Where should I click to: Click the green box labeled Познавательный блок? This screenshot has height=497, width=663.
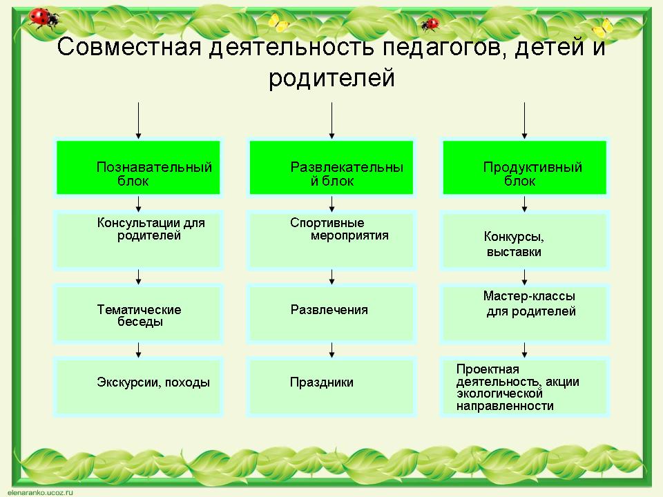(138, 168)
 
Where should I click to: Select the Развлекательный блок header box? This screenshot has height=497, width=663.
(331, 168)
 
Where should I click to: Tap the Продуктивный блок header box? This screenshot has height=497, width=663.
(525, 168)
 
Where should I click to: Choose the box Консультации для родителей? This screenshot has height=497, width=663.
(138, 240)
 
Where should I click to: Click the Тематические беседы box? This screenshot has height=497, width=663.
(138, 314)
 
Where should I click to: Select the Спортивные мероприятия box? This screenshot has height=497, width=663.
(331, 240)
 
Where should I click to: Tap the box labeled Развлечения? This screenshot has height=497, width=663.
(331, 314)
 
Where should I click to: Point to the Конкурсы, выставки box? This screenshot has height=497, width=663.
(525, 240)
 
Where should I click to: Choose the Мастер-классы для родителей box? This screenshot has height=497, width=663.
(525, 314)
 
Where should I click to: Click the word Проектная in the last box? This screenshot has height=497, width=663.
(488, 369)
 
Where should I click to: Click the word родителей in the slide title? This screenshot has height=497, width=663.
(331, 77)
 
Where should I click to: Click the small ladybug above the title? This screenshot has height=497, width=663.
(431, 24)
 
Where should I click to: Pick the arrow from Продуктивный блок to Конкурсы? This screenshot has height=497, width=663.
(526, 204)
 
